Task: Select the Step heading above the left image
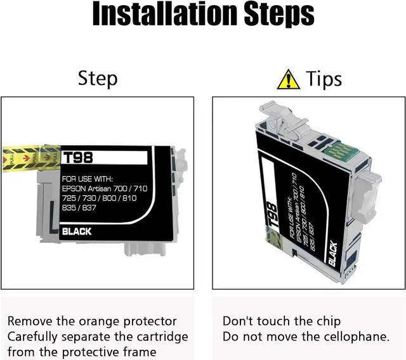point(98,79)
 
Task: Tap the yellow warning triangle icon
point(288,79)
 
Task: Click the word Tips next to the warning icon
point(324,79)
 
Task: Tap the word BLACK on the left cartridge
point(77,231)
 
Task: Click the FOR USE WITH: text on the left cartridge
point(86,179)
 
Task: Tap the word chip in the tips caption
point(328,321)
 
